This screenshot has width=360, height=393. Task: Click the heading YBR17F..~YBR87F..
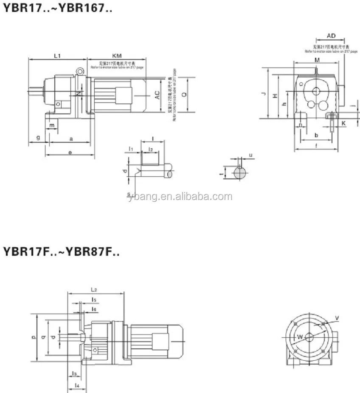coord(61,252)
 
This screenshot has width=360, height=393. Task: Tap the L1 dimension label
coord(58,56)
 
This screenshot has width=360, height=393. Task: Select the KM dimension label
coord(117,56)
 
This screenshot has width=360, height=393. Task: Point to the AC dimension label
coord(157,95)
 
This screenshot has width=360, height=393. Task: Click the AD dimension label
coord(332,36)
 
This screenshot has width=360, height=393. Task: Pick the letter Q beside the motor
coord(184,95)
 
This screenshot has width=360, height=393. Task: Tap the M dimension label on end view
coord(317,61)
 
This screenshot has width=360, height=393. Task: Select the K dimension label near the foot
coord(343,123)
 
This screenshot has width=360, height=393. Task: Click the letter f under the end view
coord(317,146)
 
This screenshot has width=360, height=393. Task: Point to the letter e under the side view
coord(70,151)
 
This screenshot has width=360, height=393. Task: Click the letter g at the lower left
coord(38,138)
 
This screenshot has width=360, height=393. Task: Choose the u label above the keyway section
coord(250,156)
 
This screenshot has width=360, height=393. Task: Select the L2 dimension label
coord(94,289)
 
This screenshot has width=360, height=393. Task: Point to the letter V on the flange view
coord(337,318)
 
